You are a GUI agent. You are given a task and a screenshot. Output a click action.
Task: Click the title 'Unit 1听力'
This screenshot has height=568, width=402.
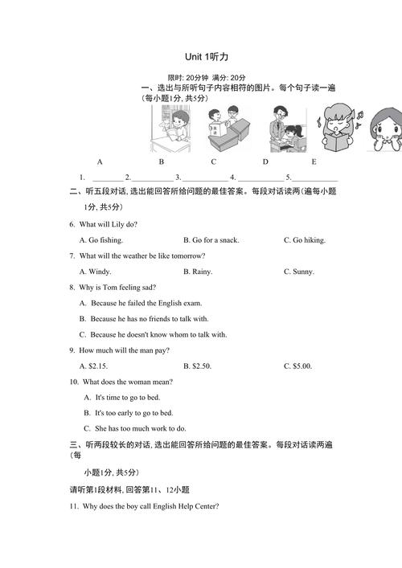click(x=207, y=56)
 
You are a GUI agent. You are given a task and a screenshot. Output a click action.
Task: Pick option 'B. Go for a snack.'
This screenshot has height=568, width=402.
click(x=211, y=239)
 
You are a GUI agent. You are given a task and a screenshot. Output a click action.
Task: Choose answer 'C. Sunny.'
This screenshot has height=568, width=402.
click(x=298, y=272)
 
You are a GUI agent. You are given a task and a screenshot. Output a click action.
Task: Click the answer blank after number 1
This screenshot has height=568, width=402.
click(x=108, y=177)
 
